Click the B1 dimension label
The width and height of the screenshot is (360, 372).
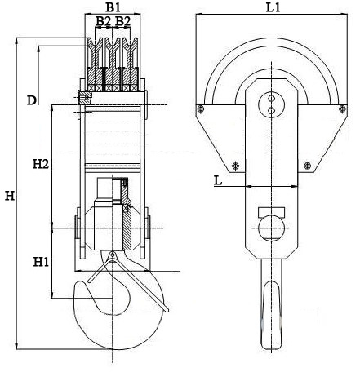click(113, 7)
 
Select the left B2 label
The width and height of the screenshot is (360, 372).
click(103, 21)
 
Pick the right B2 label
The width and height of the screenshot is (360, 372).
click(122, 21)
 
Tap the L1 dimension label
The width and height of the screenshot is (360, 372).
click(273, 7)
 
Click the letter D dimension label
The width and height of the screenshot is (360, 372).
click(32, 100)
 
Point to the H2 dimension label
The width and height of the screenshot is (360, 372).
click(41, 164)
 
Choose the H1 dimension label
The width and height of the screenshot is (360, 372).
click(41, 263)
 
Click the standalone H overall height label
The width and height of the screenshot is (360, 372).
click(10, 196)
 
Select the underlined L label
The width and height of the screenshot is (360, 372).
click(218, 180)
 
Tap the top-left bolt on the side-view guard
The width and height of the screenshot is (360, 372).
click(201, 109)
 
